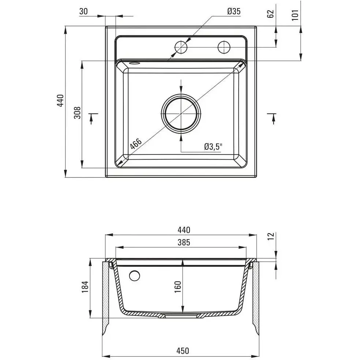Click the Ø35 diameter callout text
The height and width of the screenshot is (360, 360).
tap(234, 11)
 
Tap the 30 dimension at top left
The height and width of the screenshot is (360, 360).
tap(83, 11)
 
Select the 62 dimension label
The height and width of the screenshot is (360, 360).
tap(271, 14)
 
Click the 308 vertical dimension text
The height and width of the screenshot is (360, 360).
tap(78, 113)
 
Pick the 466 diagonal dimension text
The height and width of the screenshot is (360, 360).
tap(136, 144)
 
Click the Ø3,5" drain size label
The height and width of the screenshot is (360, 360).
tap(213, 147)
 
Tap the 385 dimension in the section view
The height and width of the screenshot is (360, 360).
tap(184, 242)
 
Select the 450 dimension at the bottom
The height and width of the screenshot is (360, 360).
tap(183, 351)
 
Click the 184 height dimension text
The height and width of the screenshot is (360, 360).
tap(85, 287)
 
